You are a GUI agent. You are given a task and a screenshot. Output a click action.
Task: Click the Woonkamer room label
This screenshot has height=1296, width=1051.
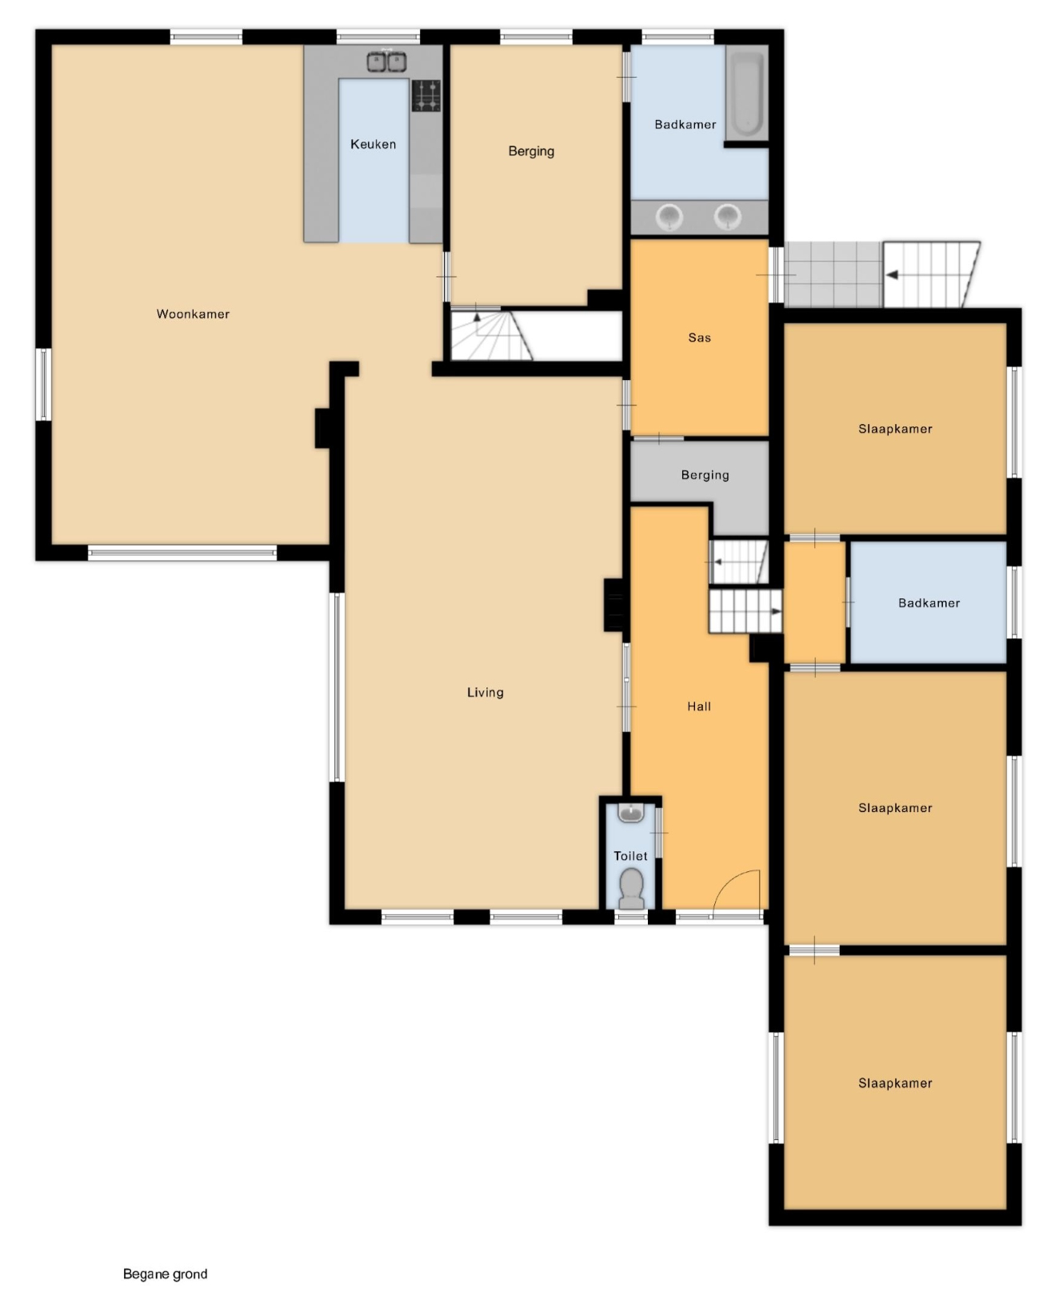point(193,314)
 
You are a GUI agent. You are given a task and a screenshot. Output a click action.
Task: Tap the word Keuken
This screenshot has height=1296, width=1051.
point(373,144)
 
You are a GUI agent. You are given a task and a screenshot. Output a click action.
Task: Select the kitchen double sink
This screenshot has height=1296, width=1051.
point(386,62)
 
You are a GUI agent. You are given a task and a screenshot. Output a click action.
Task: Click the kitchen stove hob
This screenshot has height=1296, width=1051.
point(426,95)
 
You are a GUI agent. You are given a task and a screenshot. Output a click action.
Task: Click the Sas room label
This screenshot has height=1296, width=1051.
point(699,338)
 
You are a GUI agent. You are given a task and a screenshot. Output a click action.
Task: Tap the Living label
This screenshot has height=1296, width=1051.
point(485,693)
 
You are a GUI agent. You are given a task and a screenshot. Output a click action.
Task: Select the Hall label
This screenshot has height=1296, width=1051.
point(699,706)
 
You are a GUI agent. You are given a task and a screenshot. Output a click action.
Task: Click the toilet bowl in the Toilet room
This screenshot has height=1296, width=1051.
point(631,888)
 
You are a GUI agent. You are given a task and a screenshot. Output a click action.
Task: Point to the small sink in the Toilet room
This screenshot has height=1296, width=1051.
point(631,812)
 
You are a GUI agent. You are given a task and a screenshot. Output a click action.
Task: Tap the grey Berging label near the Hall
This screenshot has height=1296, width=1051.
point(705,475)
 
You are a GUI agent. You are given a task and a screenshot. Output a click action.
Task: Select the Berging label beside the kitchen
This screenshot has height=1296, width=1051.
point(531,151)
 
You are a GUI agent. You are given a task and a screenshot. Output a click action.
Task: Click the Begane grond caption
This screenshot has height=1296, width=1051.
point(165,1274)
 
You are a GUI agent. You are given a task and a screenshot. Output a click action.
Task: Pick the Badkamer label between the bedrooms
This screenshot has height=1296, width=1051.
point(929,603)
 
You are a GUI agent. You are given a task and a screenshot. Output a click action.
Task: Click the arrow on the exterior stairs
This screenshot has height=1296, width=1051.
point(893,275)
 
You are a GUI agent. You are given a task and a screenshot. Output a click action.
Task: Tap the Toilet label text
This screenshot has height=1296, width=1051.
point(630,856)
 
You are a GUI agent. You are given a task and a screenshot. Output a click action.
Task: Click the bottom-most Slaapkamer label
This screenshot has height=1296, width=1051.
point(895,1083)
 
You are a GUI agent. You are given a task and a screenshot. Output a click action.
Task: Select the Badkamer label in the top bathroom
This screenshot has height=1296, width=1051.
point(685,125)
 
